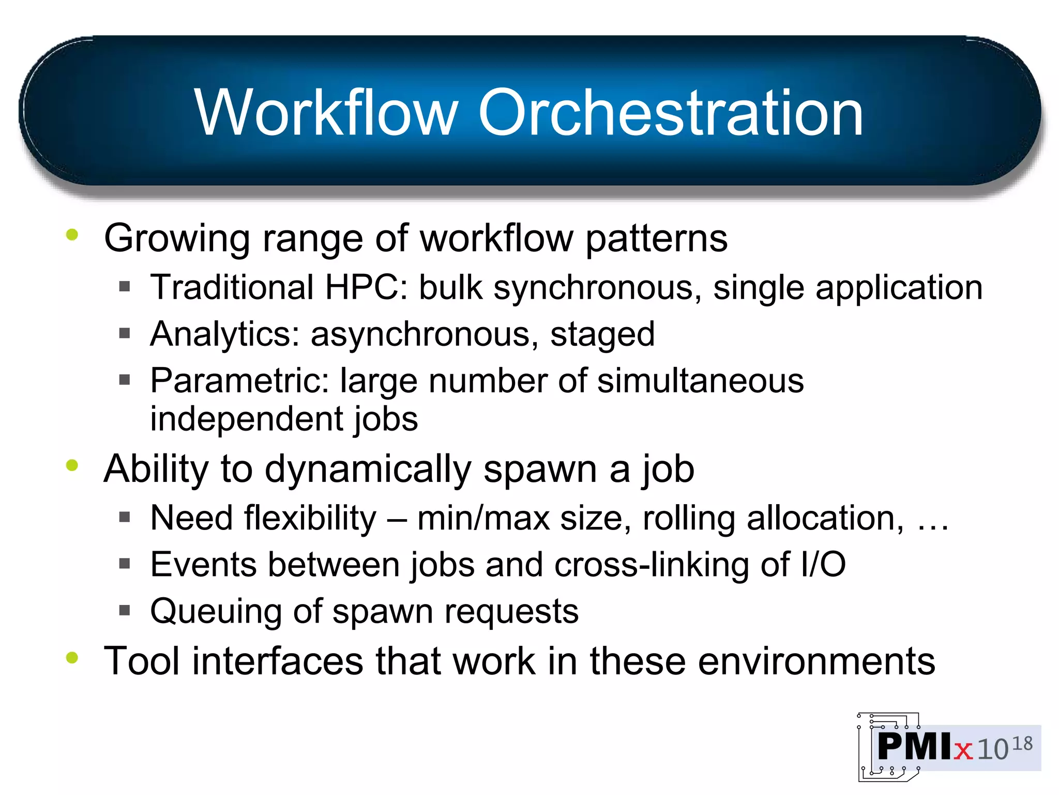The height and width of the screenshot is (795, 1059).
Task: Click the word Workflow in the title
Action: pos(326,112)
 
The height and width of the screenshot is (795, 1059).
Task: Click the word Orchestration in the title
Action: pos(671,112)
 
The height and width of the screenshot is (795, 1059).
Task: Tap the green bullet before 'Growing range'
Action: pos(72,235)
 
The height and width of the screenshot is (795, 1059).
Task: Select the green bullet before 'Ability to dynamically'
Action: pos(72,465)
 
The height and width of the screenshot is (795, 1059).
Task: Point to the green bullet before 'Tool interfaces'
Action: pos(72,658)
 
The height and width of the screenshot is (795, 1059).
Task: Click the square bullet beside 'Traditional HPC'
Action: pos(124,286)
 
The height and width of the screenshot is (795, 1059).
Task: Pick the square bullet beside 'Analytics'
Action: pos(124,333)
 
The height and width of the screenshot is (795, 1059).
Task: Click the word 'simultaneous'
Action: pos(700,381)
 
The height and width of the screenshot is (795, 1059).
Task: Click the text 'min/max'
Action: pos(483,518)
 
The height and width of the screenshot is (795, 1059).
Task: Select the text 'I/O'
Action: pos(823,565)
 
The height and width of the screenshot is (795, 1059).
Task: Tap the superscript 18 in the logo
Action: pos(1022,744)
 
